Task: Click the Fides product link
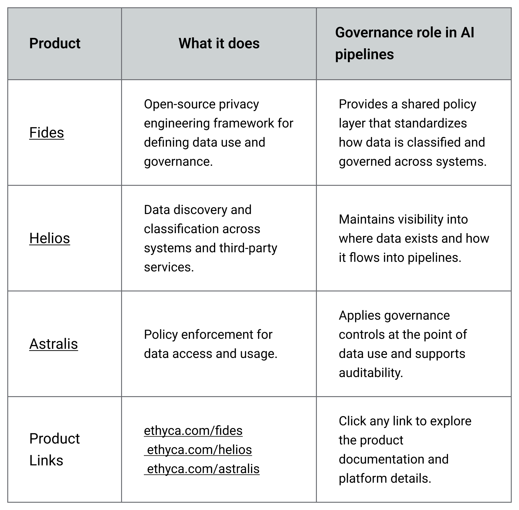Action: [x=46, y=133]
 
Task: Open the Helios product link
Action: [x=49, y=238]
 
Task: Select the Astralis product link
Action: [x=53, y=344]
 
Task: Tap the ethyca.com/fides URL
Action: [x=193, y=430]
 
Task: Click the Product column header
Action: [x=55, y=43]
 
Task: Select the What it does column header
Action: [x=219, y=43]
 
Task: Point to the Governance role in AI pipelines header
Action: [x=405, y=43]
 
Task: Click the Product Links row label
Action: [x=55, y=449]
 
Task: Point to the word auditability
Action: [x=371, y=373]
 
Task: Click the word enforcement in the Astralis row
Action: [x=216, y=335]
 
